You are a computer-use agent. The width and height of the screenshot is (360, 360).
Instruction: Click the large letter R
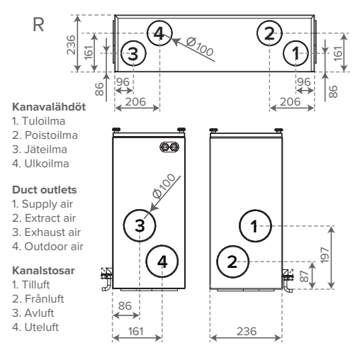[38, 24]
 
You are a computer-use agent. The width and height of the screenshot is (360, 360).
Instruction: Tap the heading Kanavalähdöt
[49, 107]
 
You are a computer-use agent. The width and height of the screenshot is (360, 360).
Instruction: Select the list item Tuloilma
[43, 121]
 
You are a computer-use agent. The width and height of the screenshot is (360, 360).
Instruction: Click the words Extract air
[50, 218]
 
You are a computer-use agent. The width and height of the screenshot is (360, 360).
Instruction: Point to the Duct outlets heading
[45, 190]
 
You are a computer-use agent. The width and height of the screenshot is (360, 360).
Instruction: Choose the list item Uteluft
[42, 327]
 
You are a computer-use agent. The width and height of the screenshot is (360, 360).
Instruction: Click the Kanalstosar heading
[43, 271]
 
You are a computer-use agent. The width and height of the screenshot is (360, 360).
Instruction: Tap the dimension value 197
[325, 255]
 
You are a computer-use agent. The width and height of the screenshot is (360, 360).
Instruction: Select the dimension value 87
[305, 276]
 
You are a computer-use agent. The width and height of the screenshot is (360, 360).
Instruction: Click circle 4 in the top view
[159, 33]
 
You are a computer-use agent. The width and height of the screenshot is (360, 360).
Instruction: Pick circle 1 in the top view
[296, 53]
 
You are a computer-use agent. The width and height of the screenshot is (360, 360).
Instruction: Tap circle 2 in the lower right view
[232, 261]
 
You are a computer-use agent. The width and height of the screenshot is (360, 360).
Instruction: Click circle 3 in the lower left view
[140, 225]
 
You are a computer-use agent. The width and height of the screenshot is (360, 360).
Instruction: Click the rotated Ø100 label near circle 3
[164, 186]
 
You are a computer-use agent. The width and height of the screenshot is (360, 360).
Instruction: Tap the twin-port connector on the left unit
[169, 147]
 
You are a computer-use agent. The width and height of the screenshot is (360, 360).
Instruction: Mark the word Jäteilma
[46, 150]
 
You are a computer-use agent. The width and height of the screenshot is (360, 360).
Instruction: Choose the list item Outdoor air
[54, 247]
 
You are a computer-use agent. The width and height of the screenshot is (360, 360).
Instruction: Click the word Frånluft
[44, 299]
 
